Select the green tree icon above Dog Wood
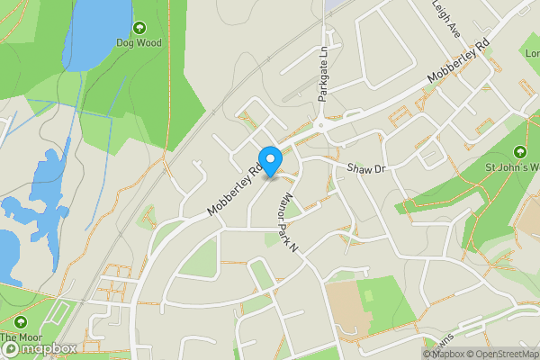(x=139, y=28)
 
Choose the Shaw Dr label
(x=365, y=168)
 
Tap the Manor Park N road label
(x=289, y=220)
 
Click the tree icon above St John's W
(x=519, y=151)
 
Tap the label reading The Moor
(x=20, y=338)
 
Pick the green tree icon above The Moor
(x=20, y=322)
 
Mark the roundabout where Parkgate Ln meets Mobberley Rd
(x=320, y=126)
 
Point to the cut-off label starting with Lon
(x=531, y=53)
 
